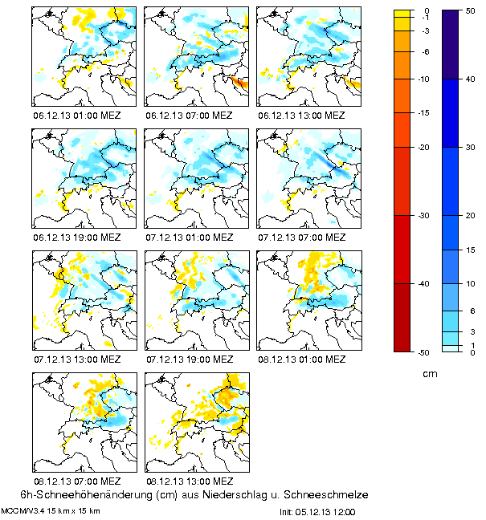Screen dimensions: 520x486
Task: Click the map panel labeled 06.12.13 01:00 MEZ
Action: (x=84, y=56)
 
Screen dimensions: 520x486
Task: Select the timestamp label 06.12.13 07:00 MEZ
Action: (x=190, y=115)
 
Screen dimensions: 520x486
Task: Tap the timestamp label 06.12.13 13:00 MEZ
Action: (x=302, y=115)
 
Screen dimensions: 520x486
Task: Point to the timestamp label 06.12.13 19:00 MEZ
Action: (x=77, y=238)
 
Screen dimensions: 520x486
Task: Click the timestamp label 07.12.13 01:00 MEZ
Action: (x=190, y=238)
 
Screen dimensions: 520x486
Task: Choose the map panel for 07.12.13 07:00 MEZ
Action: (x=308, y=179)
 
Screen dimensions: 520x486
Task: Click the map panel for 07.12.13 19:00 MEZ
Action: (x=196, y=301)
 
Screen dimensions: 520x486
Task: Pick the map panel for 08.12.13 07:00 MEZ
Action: (x=84, y=423)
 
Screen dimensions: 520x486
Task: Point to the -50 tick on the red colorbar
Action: (x=424, y=352)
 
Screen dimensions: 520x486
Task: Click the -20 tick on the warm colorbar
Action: (x=424, y=148)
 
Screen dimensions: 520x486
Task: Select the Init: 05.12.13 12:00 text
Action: (x=317, y=511)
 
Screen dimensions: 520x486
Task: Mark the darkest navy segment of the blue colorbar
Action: (x=455, y=45)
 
